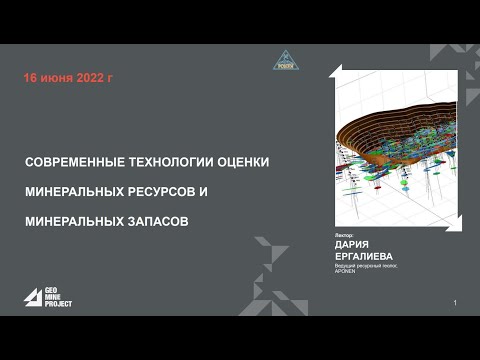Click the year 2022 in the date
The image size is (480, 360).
(91, 78)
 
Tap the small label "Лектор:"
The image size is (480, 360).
(344, 234)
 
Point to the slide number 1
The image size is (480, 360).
(455, 303)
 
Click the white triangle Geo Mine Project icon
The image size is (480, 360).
(33, 297)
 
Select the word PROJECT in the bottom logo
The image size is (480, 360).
(59, 304)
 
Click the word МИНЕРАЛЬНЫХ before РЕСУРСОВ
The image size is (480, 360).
(79, 190)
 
